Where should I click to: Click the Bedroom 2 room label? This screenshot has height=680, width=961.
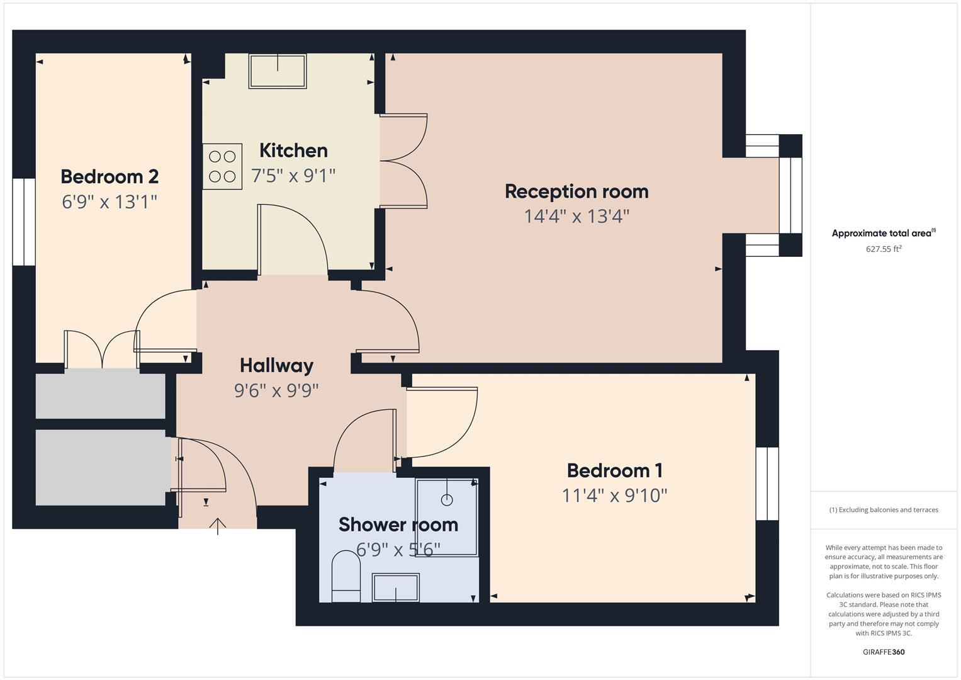[110, 176]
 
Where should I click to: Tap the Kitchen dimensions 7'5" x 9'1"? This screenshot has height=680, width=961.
[293, 176]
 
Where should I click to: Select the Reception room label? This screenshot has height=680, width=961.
[576, 191]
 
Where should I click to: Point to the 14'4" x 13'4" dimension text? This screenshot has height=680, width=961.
[576, 217]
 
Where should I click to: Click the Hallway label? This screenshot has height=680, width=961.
[276, 365]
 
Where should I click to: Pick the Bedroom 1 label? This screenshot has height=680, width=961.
[614, 470]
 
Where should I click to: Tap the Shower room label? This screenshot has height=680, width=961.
[398, 524]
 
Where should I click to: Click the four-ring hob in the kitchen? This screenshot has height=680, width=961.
[222, 166]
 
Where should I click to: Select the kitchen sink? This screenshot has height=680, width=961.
[278, 71]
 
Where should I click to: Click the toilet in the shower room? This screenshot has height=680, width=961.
[345, 576]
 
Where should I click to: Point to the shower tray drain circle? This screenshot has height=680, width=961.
[447, 500]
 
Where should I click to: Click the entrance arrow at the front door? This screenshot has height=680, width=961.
[218, 526]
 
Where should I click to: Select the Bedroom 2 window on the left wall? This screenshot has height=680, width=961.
[24, 222]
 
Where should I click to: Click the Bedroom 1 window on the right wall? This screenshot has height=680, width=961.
[767, 484]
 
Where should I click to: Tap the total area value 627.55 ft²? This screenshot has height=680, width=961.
[884, 249]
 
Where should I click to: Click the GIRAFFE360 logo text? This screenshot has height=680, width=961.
[884, 652]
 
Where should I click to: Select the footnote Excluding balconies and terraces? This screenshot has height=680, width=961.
[884, 510]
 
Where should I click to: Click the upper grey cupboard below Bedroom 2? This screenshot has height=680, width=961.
[101, 396]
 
